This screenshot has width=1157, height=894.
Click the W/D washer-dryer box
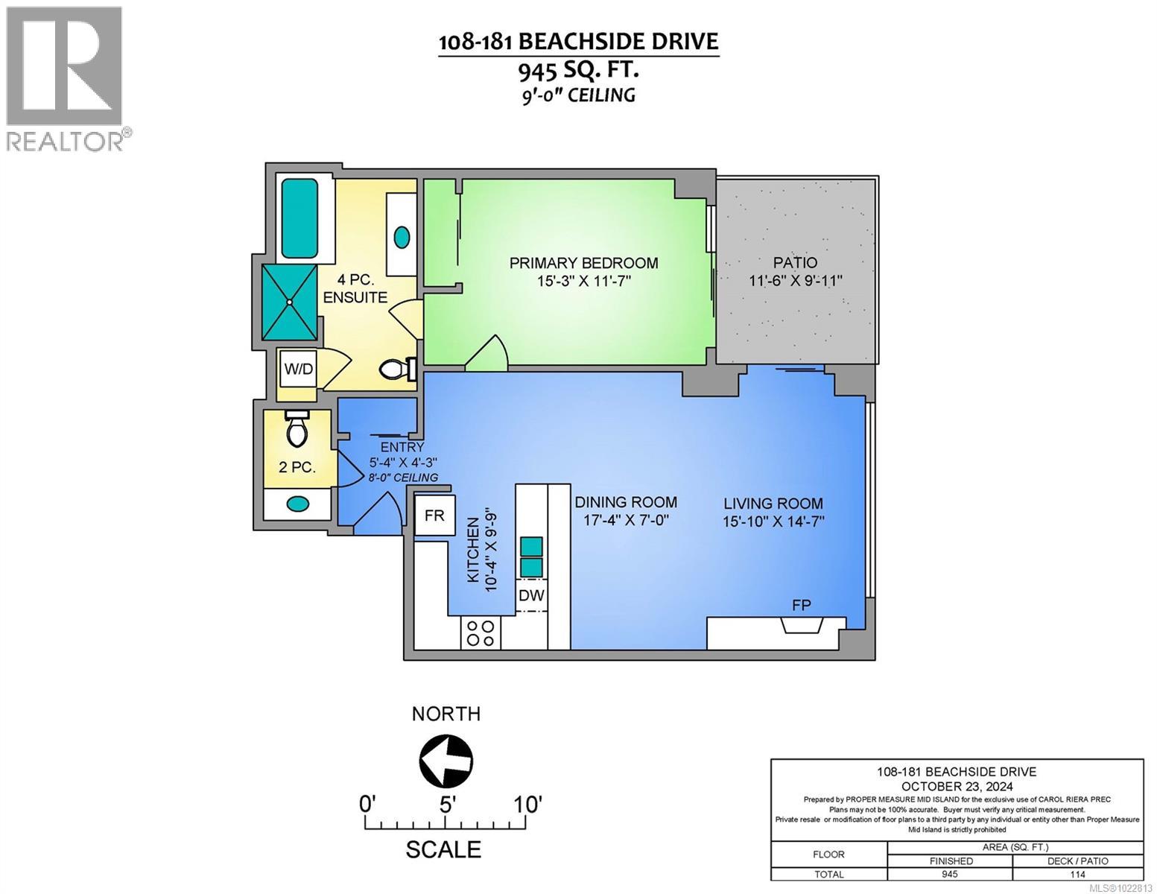point(299,369)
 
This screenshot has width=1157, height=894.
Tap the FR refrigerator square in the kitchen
point(434,515)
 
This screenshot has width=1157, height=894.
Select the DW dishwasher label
point(531,595)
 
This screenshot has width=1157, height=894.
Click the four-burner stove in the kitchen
point(481,633)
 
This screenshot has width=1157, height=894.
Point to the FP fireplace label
point(802,604)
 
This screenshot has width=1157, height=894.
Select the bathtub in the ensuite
point(299,218)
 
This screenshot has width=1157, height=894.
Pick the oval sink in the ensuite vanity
point(402,236)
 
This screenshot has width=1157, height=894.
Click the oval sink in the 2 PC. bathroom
point(298,503)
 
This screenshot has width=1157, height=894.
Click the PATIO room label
point(795,262)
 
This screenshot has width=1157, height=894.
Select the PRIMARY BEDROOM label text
point(583,263)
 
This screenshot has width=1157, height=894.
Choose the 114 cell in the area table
point(1078,875)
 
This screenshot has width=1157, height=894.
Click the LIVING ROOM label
point(773,503)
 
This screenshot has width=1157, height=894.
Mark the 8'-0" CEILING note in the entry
point(403,478)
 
